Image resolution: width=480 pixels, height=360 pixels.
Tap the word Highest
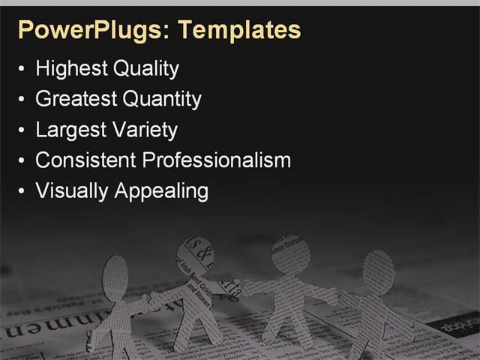point(70,69)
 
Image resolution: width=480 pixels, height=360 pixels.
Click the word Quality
point(145,69)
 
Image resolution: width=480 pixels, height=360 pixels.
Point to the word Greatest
point(75,99)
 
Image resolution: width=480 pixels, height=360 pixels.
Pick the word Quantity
point(161,99)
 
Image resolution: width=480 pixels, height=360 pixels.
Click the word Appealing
point(161,190)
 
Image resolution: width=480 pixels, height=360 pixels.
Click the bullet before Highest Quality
point(22,70)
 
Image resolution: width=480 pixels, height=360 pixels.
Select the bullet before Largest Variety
point(22,130)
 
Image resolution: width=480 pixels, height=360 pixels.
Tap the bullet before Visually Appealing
point(22,191)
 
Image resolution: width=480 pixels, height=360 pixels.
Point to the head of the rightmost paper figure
point(378,270)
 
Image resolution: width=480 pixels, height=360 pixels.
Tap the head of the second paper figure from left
point(195,259)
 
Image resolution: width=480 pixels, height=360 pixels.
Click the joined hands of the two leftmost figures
point(151,303)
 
